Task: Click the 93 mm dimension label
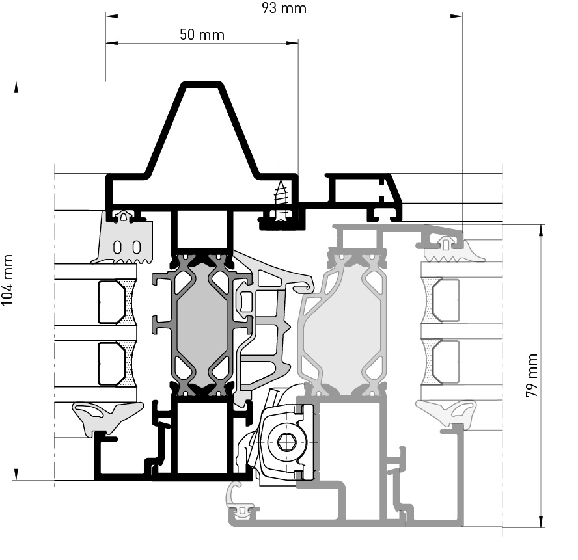point(284,7)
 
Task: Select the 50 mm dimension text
point(202,34)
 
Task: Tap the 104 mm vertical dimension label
point(7,280)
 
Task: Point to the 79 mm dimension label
point(532,375)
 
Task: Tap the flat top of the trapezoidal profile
point(202,85)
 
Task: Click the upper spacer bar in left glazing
point(111,302)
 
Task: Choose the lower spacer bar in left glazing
point(111,364)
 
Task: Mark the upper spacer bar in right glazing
point(446,300)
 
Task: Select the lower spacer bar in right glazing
point(446,362)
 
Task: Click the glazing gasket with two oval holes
point(124,242)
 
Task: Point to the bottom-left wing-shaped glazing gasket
point(107,416)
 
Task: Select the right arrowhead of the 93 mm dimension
point(456,16)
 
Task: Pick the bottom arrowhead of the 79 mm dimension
point(541,521)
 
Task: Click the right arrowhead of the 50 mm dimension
point(292,43)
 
